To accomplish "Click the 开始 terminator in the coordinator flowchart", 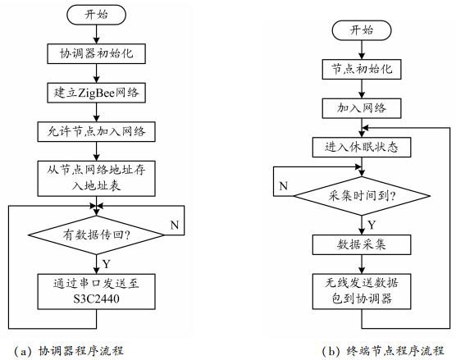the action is coord(96,15).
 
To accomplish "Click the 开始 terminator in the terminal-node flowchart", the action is coord(362,30).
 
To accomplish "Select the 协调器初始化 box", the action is coord(96,53).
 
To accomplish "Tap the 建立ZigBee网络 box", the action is coord(96,93).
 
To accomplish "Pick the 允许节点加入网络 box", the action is coord(96,132).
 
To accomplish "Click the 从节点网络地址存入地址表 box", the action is coord(96,178).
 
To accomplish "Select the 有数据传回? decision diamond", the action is coord(96,235).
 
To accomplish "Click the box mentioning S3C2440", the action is coord(96,291).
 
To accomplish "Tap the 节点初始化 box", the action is coord(362,69).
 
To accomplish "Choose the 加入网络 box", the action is coord(362,108).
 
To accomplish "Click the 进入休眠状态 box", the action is coord(362,147).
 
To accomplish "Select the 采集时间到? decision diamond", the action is coord(362,196).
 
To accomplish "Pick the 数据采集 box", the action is coord(362,244).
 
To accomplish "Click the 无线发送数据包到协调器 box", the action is coord(362,291).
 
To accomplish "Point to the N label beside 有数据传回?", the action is coord(175,225).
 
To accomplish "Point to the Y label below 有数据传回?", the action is coord(107,264).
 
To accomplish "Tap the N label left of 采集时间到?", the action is coord(283,186).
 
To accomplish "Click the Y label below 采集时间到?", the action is coord(372,225).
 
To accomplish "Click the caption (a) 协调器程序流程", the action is coord(69,351).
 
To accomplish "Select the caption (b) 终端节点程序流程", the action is coord(383,351).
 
